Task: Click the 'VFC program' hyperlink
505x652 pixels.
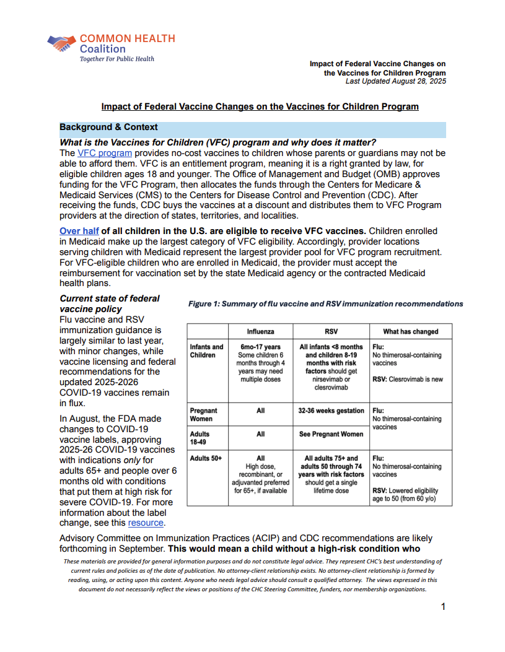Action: tap(104, 153)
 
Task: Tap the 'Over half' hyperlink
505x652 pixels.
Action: tap(79, 231)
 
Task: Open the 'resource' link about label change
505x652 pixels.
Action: tap(146, 523)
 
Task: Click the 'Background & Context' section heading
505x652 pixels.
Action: tap(108, 128)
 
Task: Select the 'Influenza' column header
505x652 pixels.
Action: tap(260, 331)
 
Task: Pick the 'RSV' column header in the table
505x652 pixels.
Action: tap(331, 331)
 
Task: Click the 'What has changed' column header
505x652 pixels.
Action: tap(410, 331)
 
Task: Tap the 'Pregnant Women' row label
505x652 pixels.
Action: tap(203, 414)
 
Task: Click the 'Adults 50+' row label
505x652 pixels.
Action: tap(206, 458)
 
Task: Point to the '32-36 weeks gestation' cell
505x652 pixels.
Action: tap(331, 410)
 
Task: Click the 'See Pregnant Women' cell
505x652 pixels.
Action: tap(331, 434)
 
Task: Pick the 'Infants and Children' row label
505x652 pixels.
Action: tap(206, 351)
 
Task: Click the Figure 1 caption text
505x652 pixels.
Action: tap(325, 304)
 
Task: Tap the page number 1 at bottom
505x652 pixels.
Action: tap(443, 607)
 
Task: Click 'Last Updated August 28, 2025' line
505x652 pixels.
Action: tap(395, 81)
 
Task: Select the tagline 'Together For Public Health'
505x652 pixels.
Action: tap(117, 59)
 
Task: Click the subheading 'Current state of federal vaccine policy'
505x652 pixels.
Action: tap(109, 303)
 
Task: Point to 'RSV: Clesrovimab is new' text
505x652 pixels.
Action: tap(407, 380)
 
